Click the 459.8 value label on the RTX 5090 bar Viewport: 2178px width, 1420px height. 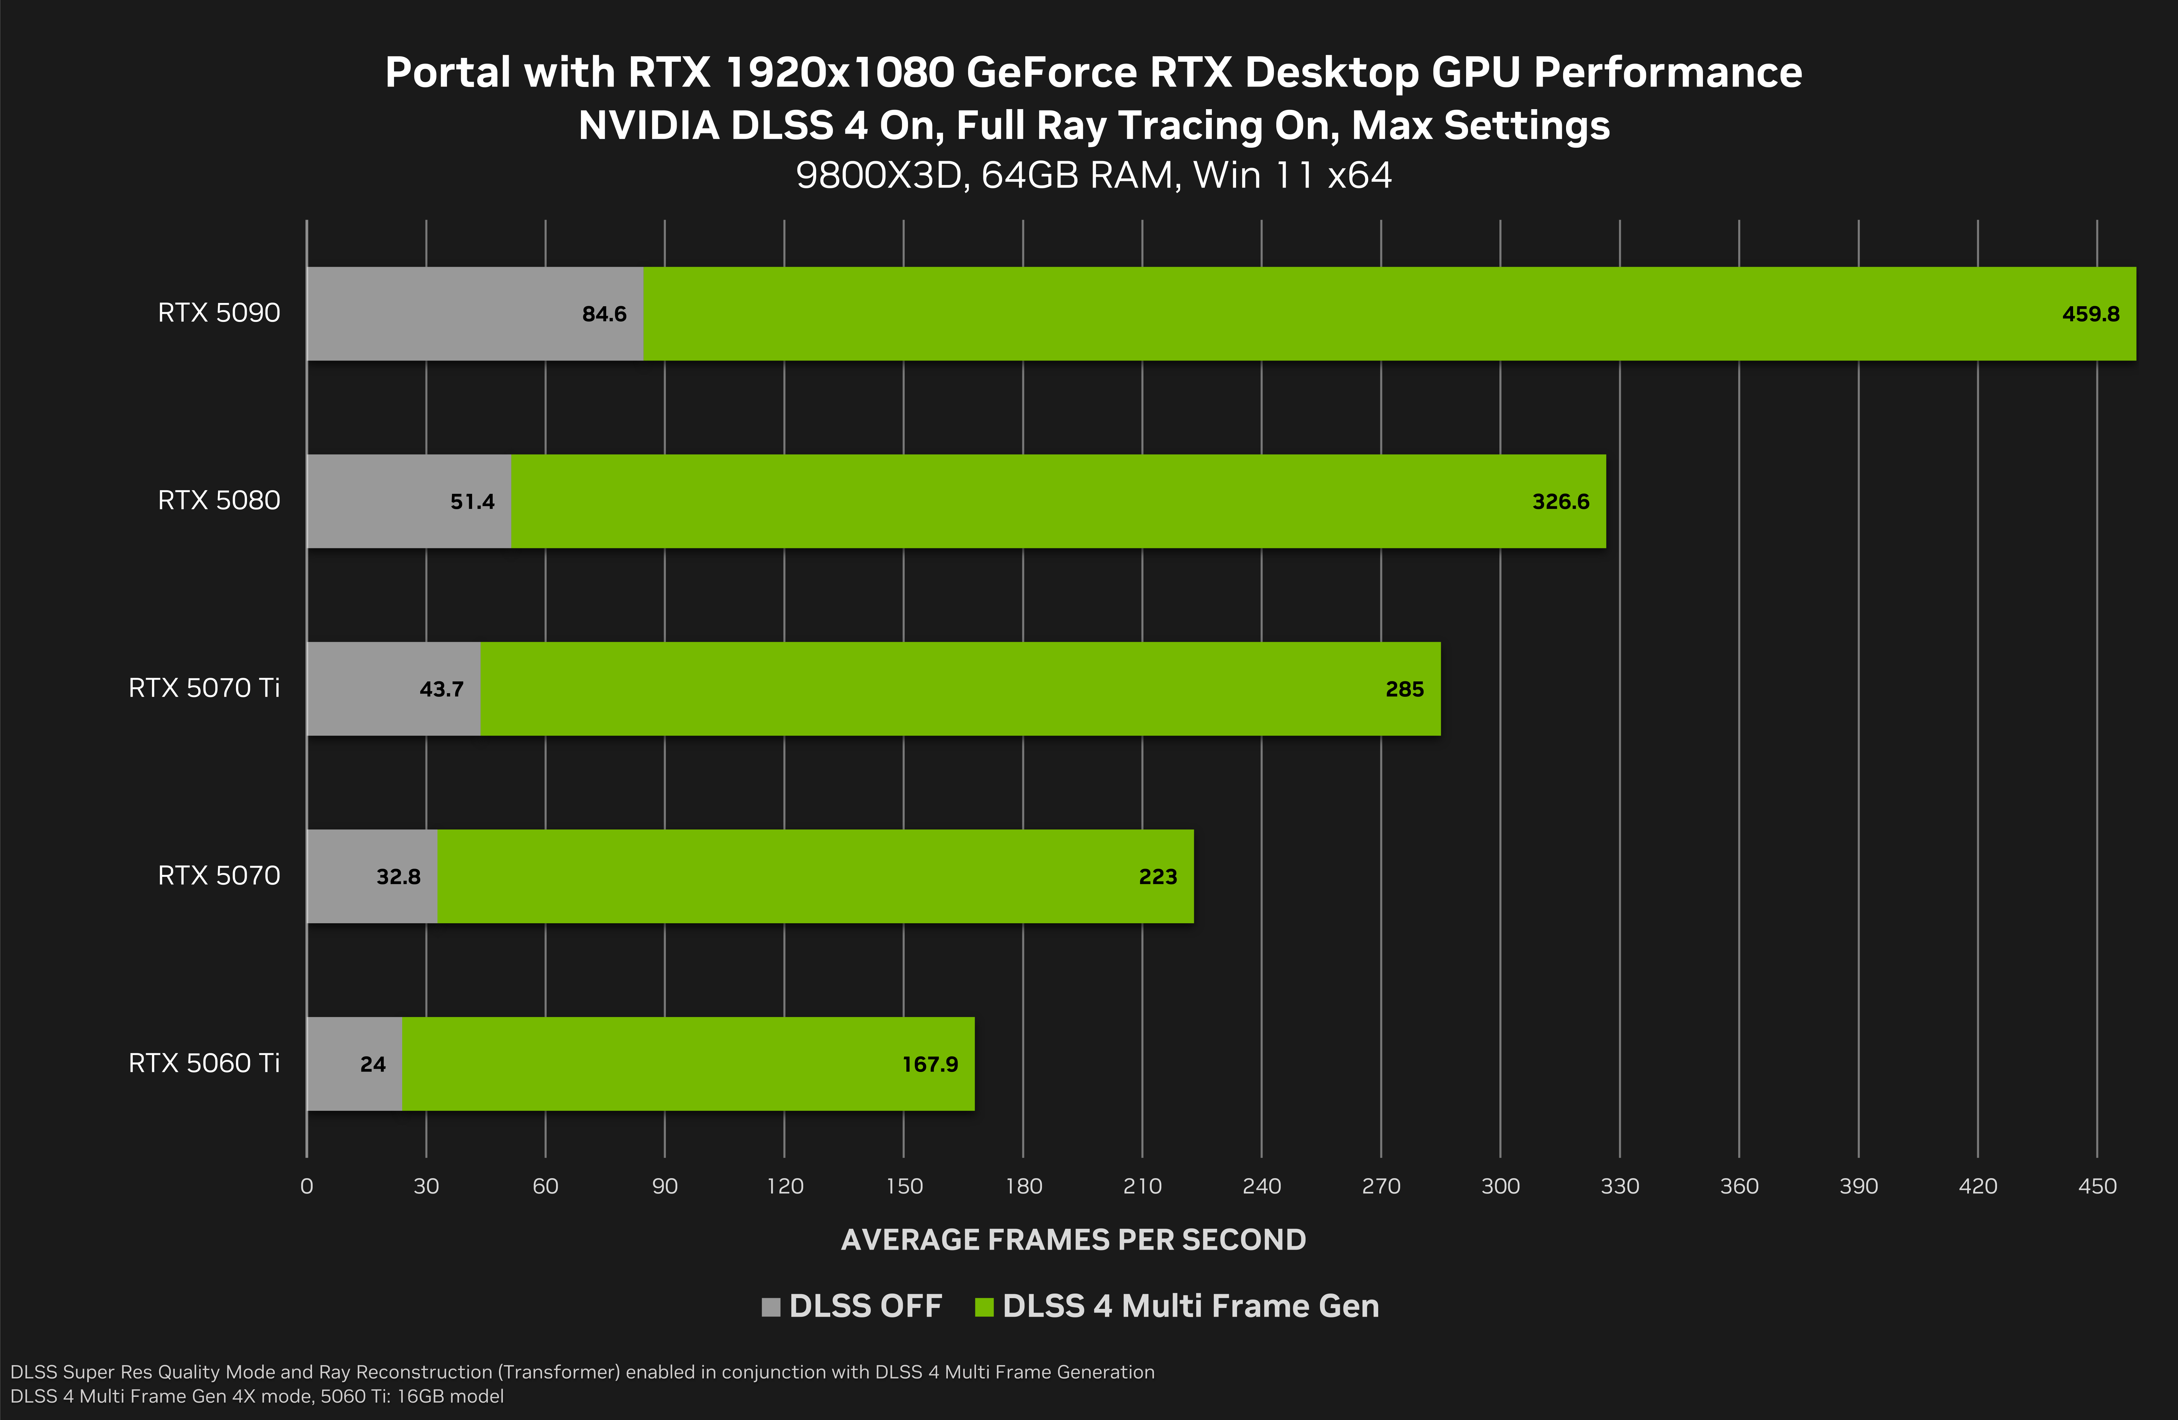(x=2090, y=314)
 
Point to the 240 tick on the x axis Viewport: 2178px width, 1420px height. (x=1261, y=1187)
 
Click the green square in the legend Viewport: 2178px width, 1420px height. (x=984, y=1307)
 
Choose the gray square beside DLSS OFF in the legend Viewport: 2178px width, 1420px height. (x=770, y=1307)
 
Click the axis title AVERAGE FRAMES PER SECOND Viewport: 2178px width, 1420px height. (x=1073, y=1240)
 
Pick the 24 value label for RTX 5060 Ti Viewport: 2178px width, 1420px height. (x=372, y=1064)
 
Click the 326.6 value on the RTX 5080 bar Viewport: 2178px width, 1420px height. (x=1560, y=502)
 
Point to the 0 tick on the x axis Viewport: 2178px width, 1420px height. (x=306, y=1187)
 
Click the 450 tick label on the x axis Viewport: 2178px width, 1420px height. (x=2097, y=1187)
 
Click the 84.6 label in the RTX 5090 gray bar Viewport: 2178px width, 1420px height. (x=604, y=314)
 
